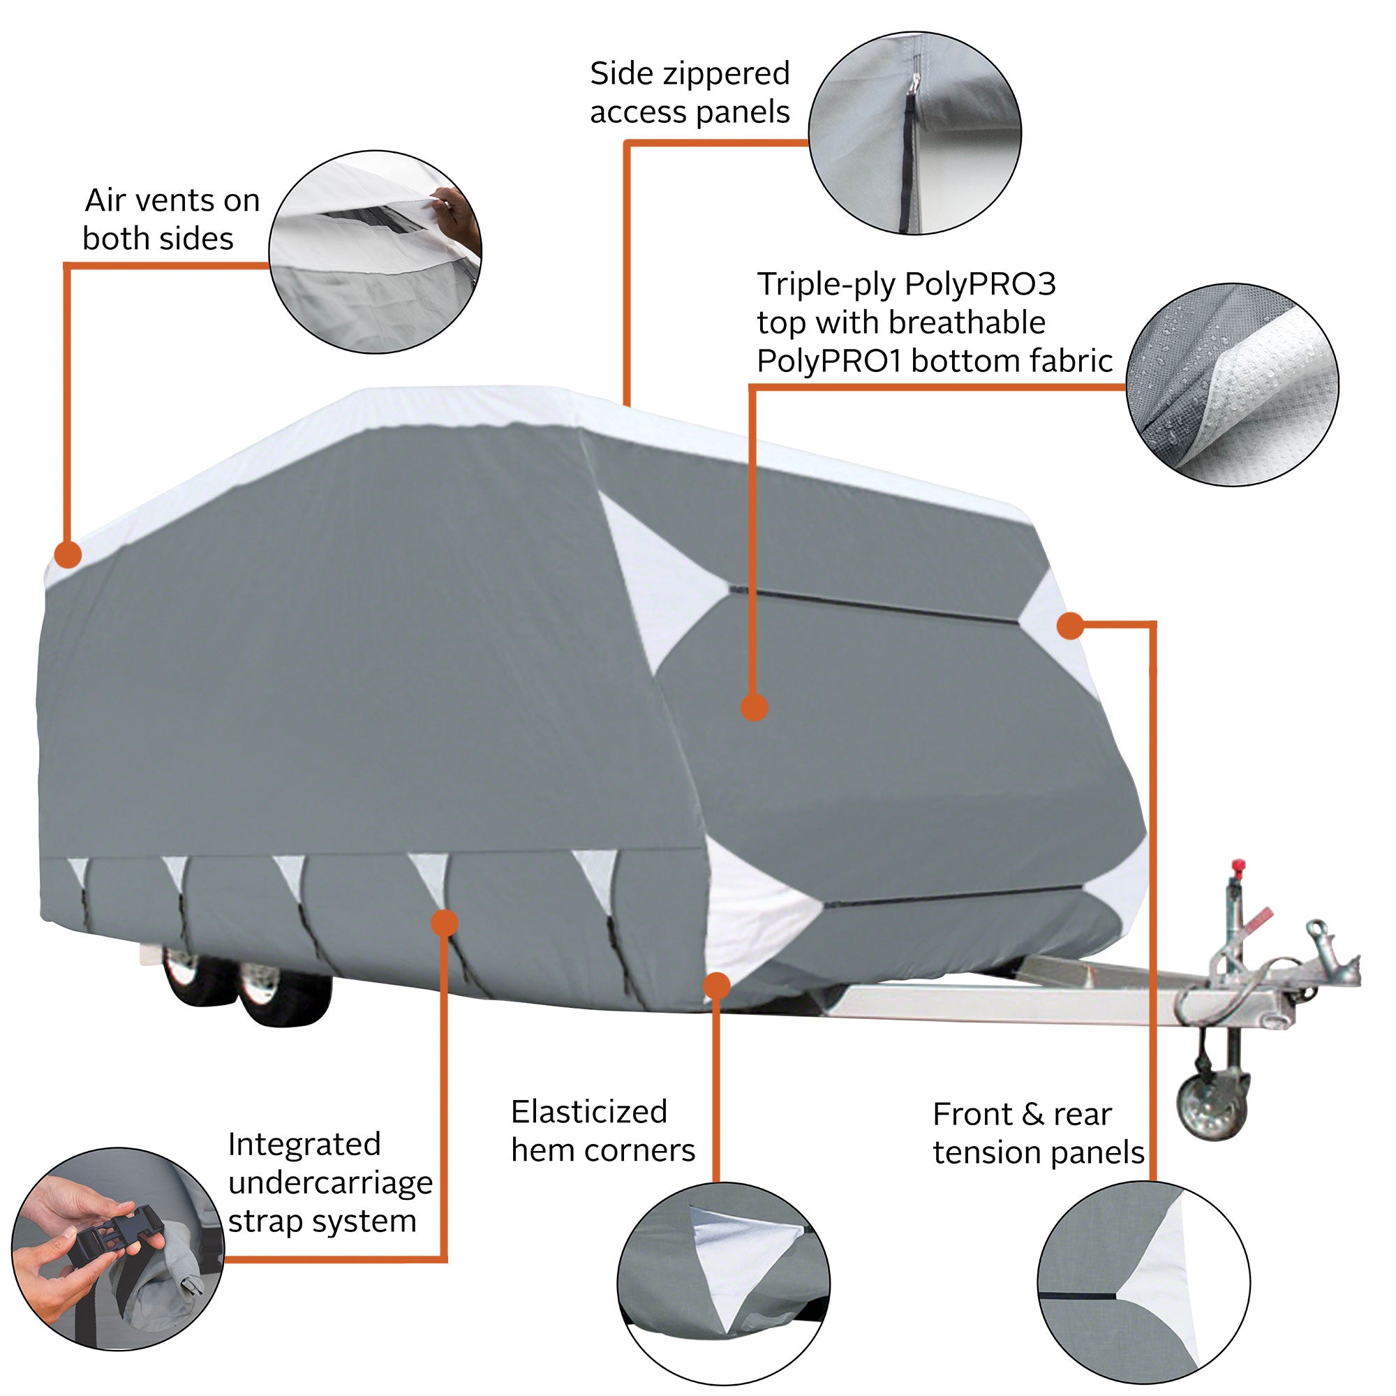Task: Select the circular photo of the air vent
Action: pos(375,252)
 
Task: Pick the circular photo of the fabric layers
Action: pos(1232,385)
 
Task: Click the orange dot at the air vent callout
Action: pos(68,555)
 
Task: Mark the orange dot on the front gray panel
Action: pos(754,707)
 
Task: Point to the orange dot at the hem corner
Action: pos(716,986)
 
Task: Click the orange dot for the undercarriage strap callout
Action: pos(445,923)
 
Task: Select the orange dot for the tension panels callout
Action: pos(1070,625)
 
